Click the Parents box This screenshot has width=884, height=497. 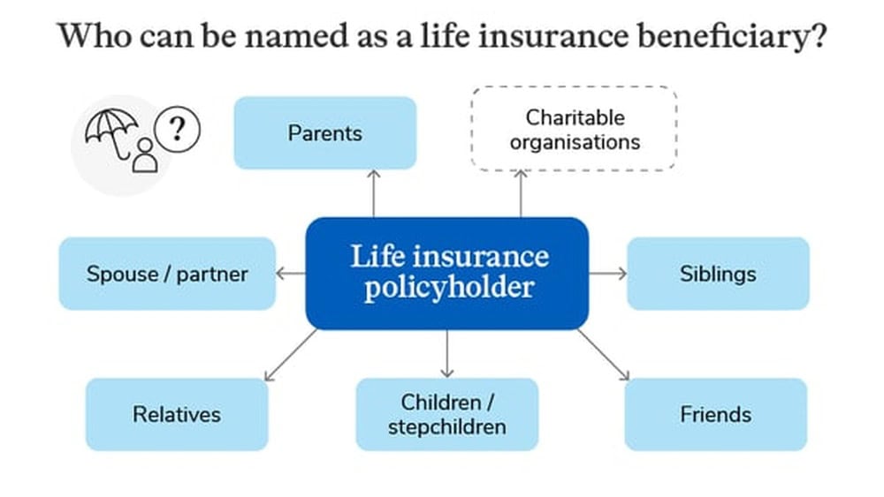[325, 132]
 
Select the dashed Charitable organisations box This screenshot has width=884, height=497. [574, 128]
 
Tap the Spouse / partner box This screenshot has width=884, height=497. [167, 274]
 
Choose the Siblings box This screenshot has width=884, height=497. [718, 274]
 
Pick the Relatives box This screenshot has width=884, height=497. [177, 414]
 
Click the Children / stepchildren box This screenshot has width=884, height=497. [447, 414]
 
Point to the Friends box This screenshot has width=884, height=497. [716, 414]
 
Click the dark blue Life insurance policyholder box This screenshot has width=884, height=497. [447, 274]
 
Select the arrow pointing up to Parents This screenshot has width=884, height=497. [373, 193]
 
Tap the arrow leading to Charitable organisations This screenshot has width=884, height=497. [521, 193]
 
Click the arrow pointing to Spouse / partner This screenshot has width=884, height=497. [291, 274]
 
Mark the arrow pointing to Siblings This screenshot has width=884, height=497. [608, 274]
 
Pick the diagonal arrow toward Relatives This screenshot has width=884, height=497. [290, 355]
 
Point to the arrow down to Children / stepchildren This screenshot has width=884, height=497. [447, 353]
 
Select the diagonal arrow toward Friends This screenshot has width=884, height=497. [603, 355]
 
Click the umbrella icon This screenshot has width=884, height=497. [111, 132]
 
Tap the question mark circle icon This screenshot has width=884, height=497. [177, 130]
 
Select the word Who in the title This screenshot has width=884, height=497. [95, 35]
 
